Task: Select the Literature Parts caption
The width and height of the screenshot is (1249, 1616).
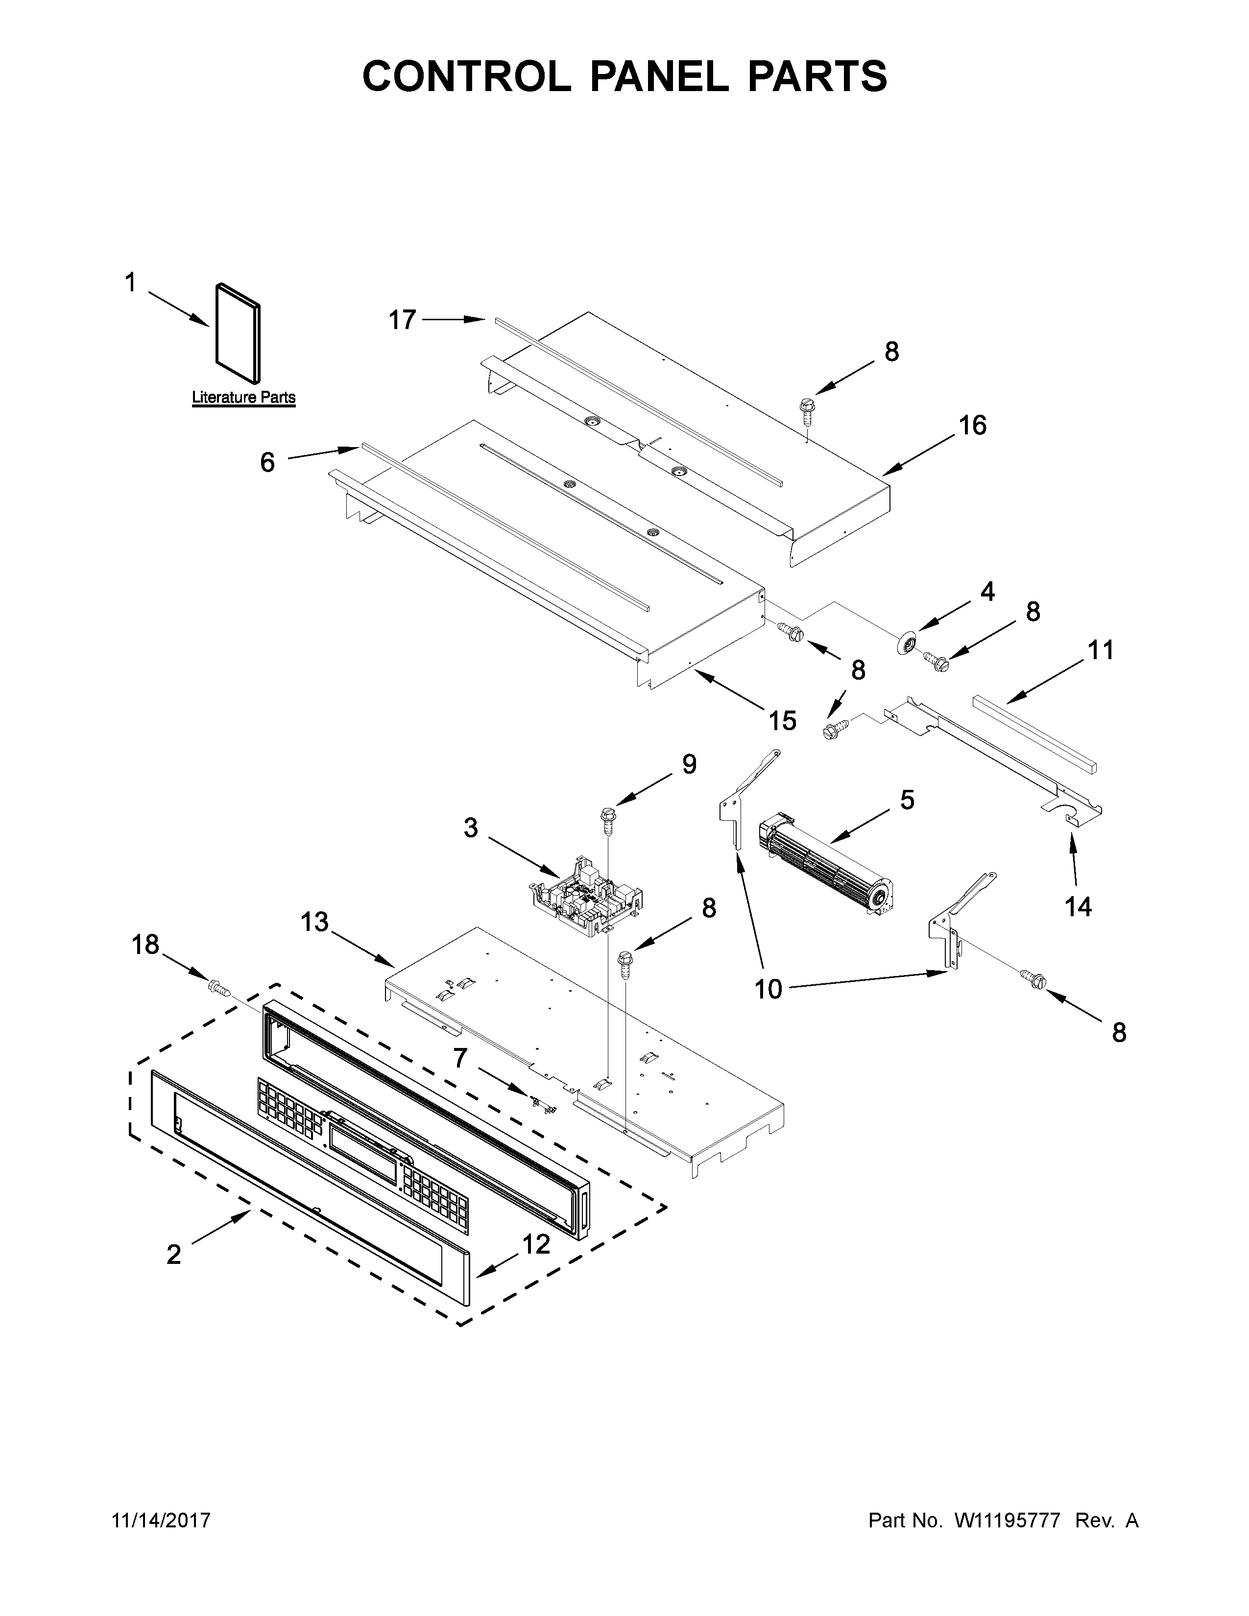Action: (243, 397)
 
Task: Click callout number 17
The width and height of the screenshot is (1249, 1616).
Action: (403, 320)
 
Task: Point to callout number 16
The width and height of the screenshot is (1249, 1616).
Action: (973, 426)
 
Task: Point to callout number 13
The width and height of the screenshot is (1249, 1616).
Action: (314, 923)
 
